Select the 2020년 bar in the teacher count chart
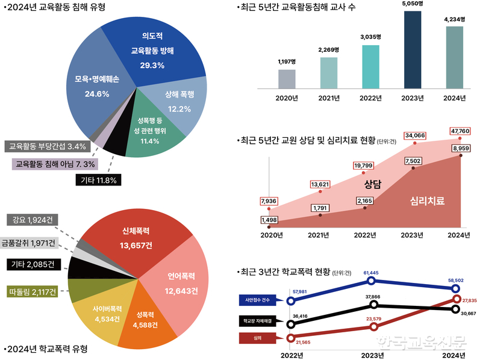tap(287, 78)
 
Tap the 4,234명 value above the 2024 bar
tap(455, 19)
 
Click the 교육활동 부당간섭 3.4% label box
tap(48, 146)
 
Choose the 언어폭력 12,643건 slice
tap(180, 282)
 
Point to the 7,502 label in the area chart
tap(414, 161)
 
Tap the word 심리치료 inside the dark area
tap(426, 200)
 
